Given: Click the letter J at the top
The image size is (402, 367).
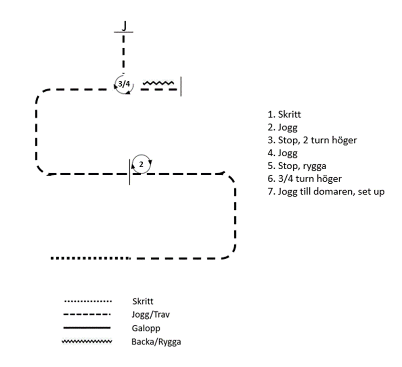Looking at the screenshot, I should (x=124, y=25).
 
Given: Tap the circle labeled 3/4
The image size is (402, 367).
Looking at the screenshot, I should (x=124, y=84).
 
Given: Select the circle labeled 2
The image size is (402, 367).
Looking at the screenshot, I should (x=141, y=164).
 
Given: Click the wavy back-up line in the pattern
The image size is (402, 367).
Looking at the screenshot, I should (x=159, y=83).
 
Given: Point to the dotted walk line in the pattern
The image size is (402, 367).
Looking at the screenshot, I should (x=90, y=258).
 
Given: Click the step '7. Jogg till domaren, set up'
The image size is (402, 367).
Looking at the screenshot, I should (x=326, y=191).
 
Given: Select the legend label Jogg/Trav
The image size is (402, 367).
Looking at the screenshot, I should (x=147, y=315).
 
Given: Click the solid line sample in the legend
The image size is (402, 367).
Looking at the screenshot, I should (x=86, y=328).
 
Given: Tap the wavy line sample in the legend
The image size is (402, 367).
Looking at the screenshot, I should (x=86, y=341).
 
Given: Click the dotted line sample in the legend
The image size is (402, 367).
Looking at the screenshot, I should (x=86, y=301).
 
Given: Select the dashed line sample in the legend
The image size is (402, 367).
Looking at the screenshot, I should (x=86, y=315).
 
